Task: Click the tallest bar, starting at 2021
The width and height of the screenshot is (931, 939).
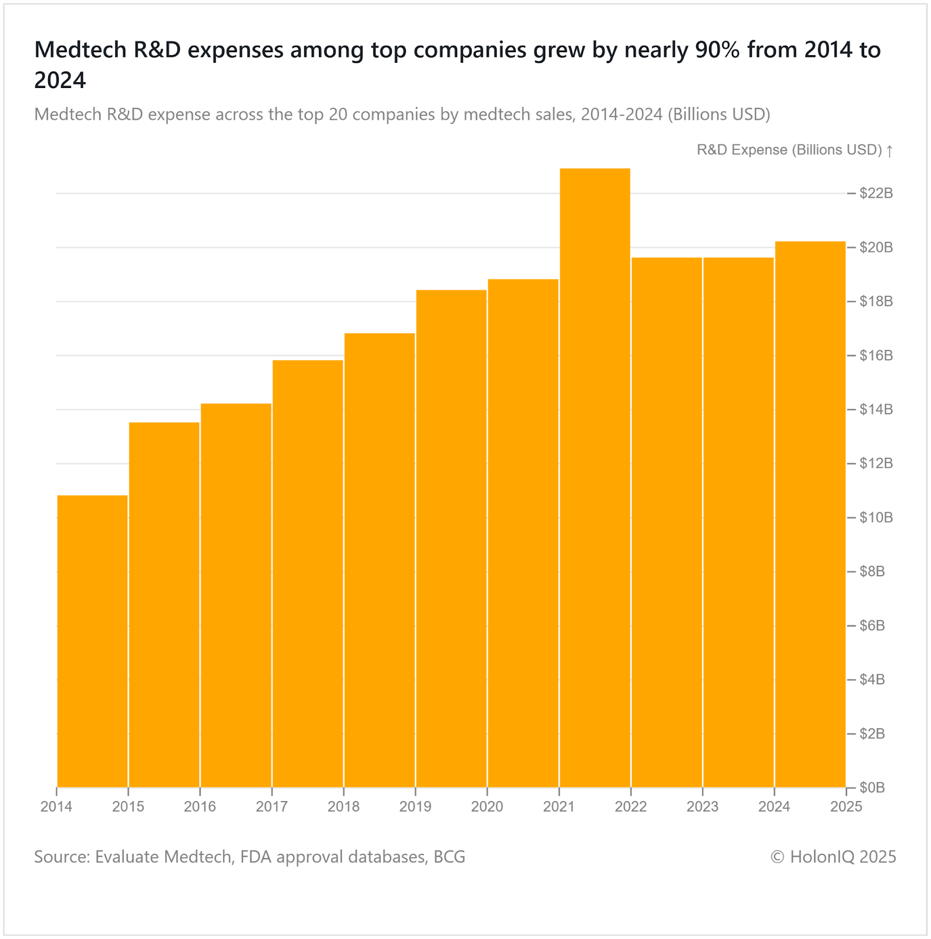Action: click(x=594, y=478)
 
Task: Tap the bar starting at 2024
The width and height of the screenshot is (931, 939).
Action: click(x=810, y=514)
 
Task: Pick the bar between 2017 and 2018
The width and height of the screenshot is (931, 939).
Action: click(x=308, y=573)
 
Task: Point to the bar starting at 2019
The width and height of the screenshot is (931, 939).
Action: click(x=451, y=538)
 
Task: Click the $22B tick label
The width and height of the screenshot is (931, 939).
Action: click(x=876, y=193)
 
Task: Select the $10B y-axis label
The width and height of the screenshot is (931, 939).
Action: click(x=876, y=518)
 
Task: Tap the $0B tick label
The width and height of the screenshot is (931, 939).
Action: click(x=872, y=788)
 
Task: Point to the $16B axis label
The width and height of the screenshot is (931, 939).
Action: click(x=876, y=356)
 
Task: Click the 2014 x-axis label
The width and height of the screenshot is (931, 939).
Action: click(x=56, y=807)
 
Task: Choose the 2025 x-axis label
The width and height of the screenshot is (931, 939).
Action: click(x=846, y=807)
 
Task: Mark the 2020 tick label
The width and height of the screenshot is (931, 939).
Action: click(x=487, y=807)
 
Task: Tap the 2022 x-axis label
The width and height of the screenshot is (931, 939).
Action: click(x=631, y=807)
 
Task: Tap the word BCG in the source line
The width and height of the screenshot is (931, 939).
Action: click(x=449, y=857)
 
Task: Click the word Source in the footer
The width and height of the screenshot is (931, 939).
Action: click(x=61, y=857)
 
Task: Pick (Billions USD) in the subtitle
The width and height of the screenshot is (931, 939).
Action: click(x=718, y=114)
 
